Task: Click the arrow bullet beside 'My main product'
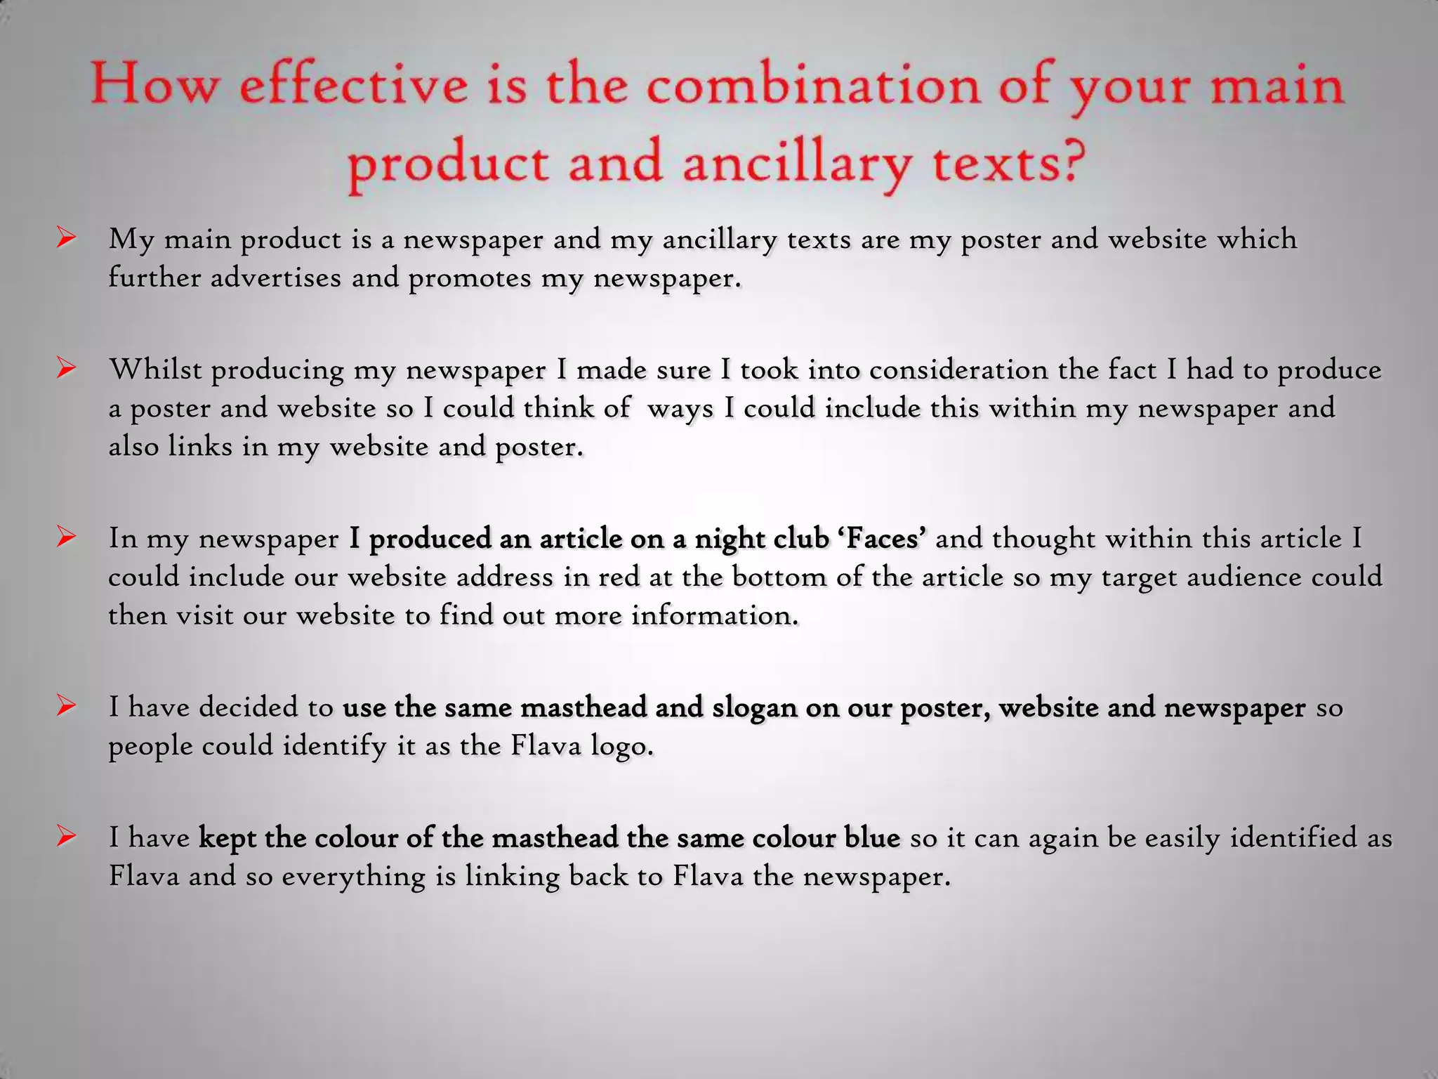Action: pyautogui.click(x=67, y=239)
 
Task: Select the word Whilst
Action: pyautogui.click(x=155, y=370)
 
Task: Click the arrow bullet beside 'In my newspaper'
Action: pyautogui.click(x=67, y=537)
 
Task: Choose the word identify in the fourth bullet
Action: pyautogui.click(x=335, y=746)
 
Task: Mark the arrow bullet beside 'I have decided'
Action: pyautogui.click(x=67, y=706)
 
